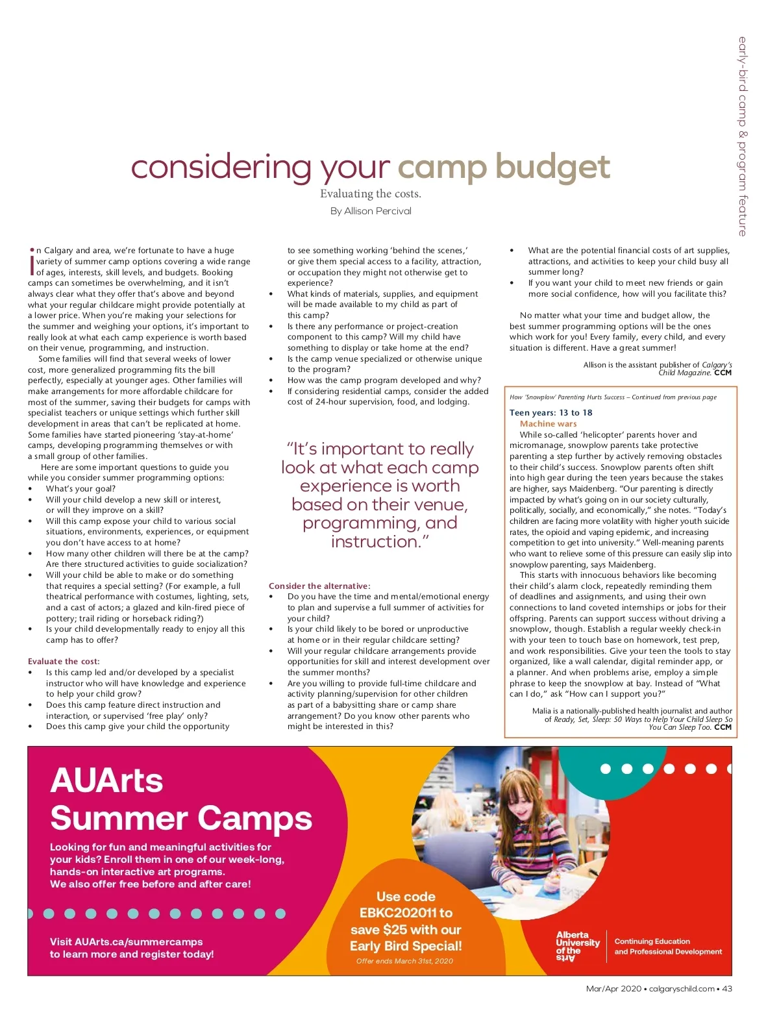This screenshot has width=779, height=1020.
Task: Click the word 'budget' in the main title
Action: tap(552, 168)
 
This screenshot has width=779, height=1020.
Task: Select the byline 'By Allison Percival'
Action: tap(371, 211)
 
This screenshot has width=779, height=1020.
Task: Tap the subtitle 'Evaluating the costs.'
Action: tap(371, 193)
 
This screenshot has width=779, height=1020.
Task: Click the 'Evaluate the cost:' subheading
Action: tap(64, 662)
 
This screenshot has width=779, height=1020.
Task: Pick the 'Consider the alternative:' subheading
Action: tap(319, 586)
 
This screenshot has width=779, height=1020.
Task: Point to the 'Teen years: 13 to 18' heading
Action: tap(550, 412)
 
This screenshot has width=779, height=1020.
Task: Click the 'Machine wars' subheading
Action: tap(548, 423)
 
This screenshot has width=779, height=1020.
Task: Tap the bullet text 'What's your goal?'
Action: tap(80, 489)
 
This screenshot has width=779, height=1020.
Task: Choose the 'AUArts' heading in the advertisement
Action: tap(106, 780)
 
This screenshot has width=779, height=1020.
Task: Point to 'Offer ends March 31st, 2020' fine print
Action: tap(404, 961)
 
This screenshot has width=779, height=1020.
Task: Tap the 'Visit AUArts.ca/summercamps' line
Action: tap(126, 941)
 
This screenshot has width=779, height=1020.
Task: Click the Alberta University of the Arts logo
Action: tap(577, 947)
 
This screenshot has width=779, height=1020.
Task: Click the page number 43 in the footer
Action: tap(727, 989)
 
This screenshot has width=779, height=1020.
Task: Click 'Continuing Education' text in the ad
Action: tap(652, 941)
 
